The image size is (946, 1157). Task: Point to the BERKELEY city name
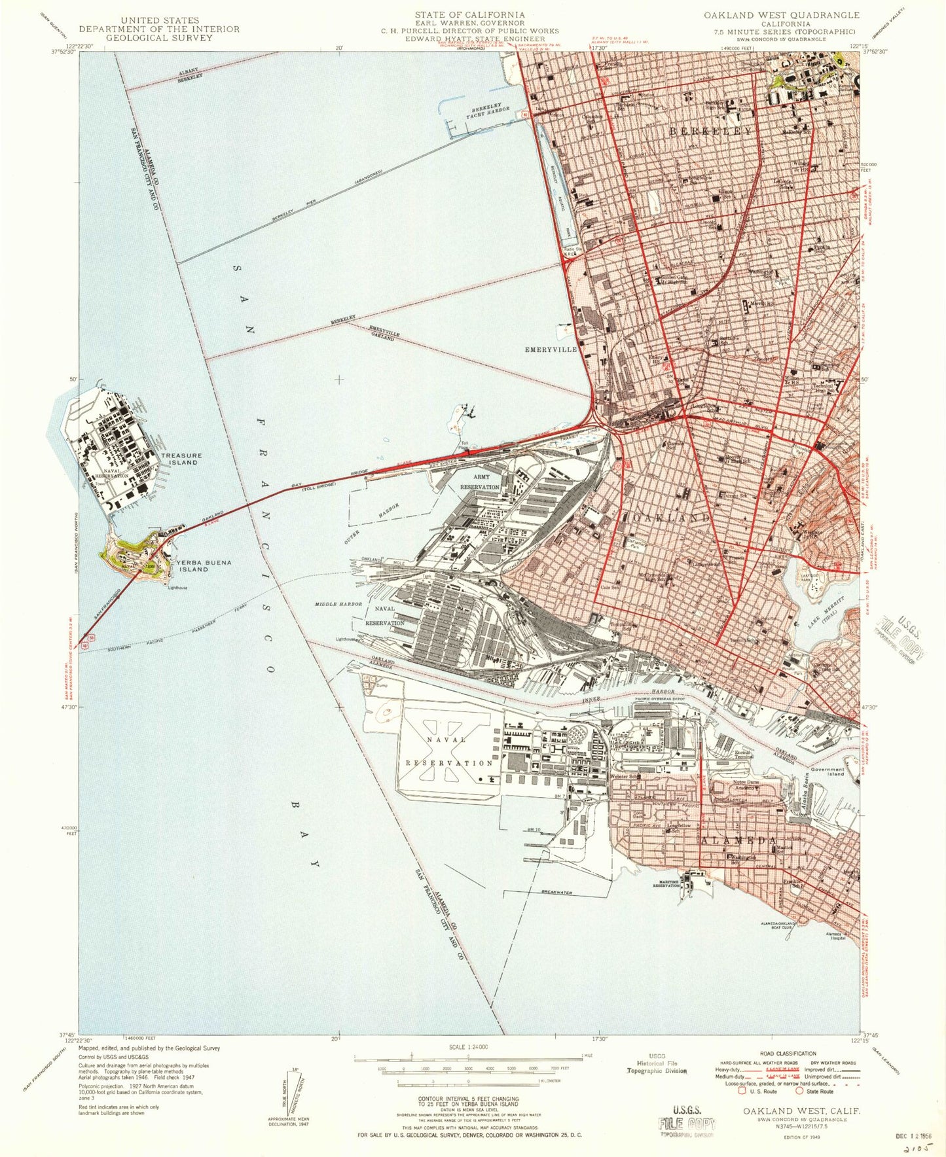click(711, 132)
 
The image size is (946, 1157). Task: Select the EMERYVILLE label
click(551, 349)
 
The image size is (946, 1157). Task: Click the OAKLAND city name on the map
click(671, 517)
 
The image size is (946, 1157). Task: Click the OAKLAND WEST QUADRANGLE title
click(782, 14)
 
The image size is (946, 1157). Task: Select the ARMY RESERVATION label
click(481, 482)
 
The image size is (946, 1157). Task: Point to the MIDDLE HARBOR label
click(338, 604)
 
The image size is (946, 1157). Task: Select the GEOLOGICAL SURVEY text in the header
click(160, 38)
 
